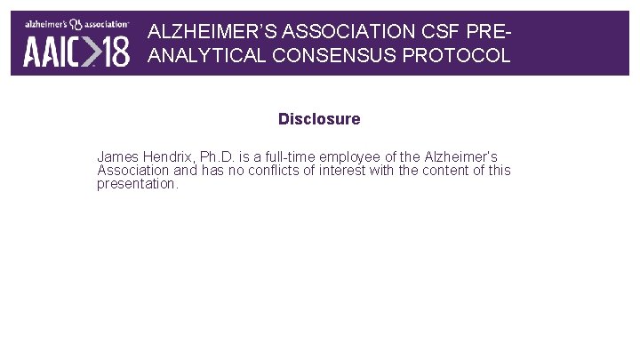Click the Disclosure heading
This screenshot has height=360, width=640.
pos(319,119)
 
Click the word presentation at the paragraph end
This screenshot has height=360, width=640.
pos(138,185)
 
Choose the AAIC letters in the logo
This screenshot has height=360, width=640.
pos(51,52)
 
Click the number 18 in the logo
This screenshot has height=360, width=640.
pos(115,52)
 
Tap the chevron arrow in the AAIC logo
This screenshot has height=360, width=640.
pos(89,52)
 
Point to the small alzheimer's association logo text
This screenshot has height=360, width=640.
pos(76,25)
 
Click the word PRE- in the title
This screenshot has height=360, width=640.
pos(492,31)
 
